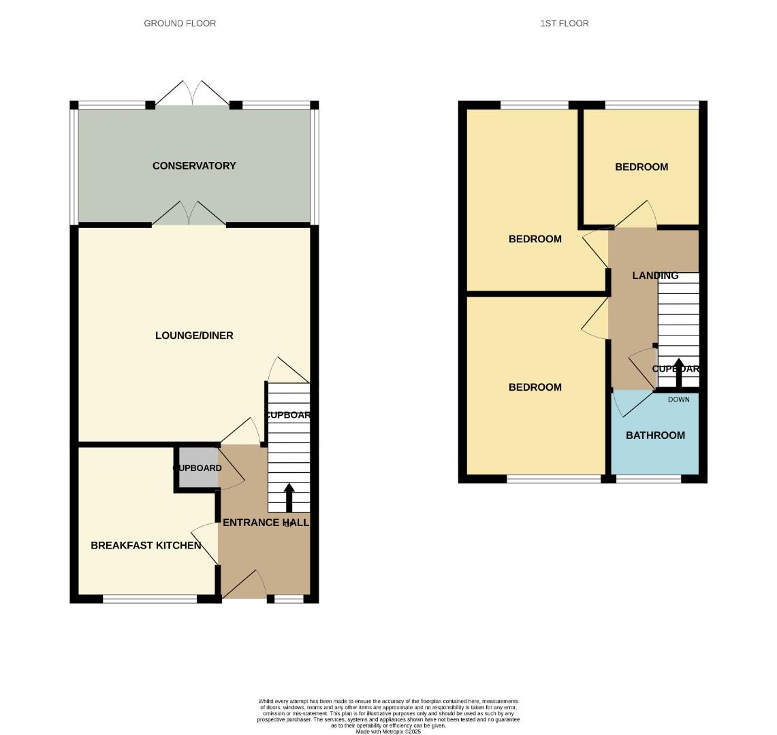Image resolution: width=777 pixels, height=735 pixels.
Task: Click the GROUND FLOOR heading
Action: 180,23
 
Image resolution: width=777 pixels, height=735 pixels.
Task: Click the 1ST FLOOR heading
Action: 564,23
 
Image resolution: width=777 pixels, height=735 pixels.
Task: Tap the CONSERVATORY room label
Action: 194,165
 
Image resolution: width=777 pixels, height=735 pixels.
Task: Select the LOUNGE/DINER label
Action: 194,336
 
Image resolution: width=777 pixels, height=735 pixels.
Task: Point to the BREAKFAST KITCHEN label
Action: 146,545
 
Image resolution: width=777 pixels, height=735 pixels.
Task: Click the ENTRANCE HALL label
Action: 266,523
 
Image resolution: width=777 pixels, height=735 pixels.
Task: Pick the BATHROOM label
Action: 655,436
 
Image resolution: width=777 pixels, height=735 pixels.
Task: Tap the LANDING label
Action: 655,276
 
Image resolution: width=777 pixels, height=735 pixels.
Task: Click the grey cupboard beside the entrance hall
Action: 197,468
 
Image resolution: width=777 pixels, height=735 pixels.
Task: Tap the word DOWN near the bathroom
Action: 678,399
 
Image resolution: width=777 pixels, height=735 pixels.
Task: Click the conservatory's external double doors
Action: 193,94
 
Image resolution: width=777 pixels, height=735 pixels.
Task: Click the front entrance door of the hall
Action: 244,587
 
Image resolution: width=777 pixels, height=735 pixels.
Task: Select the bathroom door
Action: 627,404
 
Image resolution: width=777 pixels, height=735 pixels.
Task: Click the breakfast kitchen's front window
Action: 150,599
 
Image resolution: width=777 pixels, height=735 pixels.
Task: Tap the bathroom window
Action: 648,479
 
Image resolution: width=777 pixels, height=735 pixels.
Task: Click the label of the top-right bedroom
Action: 641,167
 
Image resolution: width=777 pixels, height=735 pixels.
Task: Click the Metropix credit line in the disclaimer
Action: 389,732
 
